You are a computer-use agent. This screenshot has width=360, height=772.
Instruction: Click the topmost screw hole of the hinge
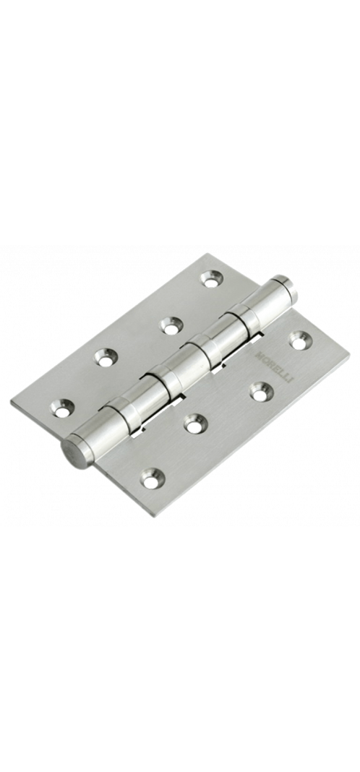[211, 279]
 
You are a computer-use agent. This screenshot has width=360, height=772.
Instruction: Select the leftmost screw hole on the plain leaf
[63, 408]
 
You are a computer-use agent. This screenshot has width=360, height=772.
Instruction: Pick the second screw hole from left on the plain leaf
[106, 357]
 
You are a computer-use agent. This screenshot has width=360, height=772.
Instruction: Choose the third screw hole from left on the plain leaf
[171, 325]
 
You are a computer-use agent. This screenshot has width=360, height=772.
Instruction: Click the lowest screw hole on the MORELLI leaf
[153, 478]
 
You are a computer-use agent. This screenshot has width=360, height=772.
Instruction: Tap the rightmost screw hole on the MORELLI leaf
[300, 340]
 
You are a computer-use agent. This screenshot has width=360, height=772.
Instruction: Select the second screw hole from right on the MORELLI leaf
[262, 391]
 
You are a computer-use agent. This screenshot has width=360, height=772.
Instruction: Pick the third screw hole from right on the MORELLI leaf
[195, 424]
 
